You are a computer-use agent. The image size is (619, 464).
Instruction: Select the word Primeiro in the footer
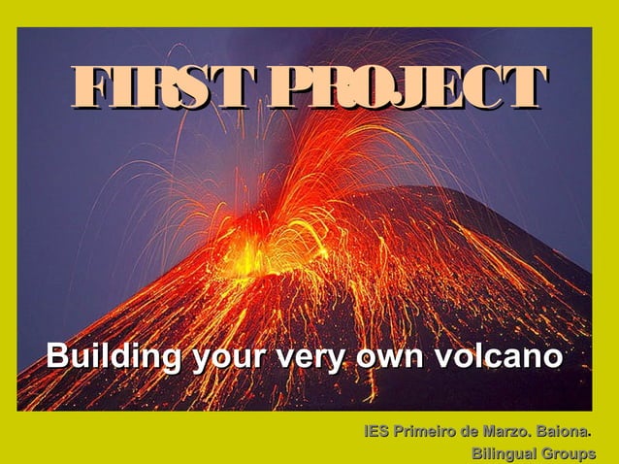tap(428, 430)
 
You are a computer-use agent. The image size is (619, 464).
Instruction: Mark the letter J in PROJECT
tap(430, 90)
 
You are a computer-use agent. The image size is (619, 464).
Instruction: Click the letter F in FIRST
tap(86, 90)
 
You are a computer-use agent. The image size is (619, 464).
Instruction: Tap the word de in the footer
tap(474, 430)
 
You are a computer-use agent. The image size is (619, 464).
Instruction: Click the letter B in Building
tap(57, 357)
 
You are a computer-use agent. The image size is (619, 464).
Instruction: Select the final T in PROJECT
tap(529, 90)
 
